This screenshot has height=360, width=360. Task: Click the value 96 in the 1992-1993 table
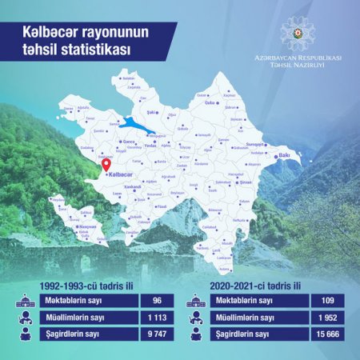[157, 300]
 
